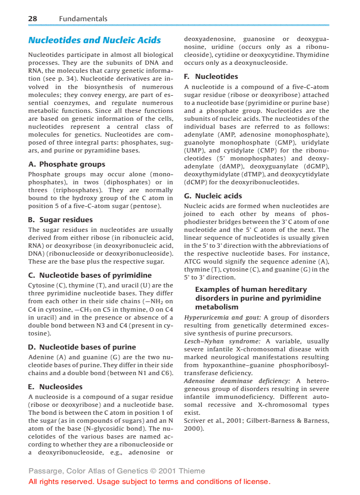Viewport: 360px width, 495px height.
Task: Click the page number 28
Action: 33,19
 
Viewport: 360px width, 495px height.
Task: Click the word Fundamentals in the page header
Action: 83,19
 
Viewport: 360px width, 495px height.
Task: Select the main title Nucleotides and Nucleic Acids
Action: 94,40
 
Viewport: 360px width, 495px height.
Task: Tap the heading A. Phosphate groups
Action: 67,164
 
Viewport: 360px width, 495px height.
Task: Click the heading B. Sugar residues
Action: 60,220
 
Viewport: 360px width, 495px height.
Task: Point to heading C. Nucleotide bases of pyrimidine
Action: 90,275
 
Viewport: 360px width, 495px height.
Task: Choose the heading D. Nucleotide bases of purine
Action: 82,347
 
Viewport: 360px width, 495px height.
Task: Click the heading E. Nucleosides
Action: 55,387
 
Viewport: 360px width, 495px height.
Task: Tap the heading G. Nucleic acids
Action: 213,196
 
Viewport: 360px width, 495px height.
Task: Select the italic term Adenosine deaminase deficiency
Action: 237,381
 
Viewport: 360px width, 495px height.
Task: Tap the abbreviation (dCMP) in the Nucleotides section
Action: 195,182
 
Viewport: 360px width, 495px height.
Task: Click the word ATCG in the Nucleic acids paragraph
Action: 193,261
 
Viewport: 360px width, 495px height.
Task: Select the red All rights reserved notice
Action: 149,481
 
